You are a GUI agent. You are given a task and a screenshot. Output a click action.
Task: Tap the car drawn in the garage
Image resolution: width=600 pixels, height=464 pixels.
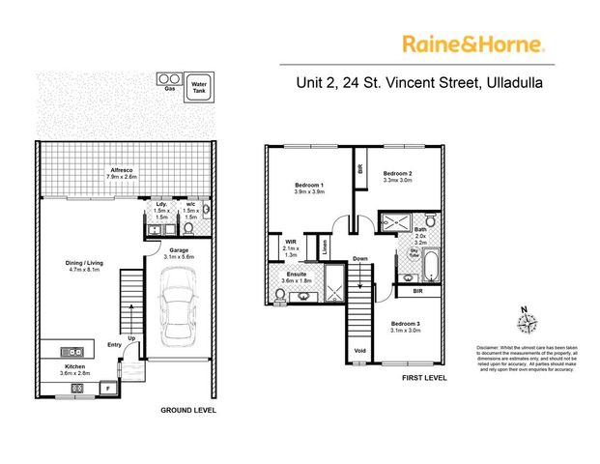[x=177, y=306]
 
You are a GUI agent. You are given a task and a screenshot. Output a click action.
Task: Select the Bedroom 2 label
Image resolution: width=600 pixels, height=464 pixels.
[x=398, y=174]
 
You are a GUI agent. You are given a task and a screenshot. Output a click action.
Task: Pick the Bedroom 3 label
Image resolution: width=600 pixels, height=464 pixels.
[x=407, y=325]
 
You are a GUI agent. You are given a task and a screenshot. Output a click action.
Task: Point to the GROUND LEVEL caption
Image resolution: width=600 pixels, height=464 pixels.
[x=188, y=410]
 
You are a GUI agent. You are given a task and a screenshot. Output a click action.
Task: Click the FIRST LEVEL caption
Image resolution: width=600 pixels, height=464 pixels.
[x=425, y=378]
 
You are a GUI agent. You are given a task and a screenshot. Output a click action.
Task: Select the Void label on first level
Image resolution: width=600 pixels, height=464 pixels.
[x=360, y=350]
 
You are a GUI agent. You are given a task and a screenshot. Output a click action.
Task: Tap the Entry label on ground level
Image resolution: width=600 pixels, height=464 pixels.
[x=115, y=344]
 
